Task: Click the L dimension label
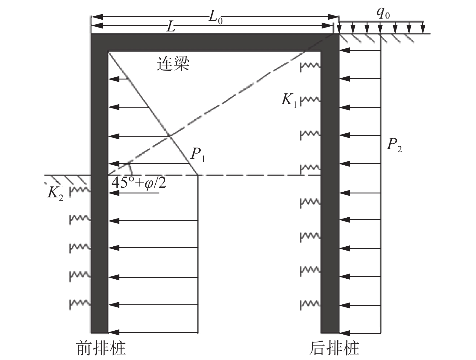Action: [171, 27]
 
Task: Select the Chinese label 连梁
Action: [173, 64]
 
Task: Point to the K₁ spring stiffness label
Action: [289, 100]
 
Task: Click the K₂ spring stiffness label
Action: [55, 193]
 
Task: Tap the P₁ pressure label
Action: [198, 155]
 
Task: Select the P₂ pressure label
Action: [394, 145]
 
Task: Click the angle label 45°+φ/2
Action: [139, 182]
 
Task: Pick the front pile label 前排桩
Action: [101, 348]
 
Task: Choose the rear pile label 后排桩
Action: [334, 348]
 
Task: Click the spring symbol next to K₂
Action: [79, 191]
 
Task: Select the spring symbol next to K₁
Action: [310, 100]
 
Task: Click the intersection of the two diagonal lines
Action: [170, 137]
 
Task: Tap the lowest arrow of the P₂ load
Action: [360, 333]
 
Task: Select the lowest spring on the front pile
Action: [79, 303]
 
